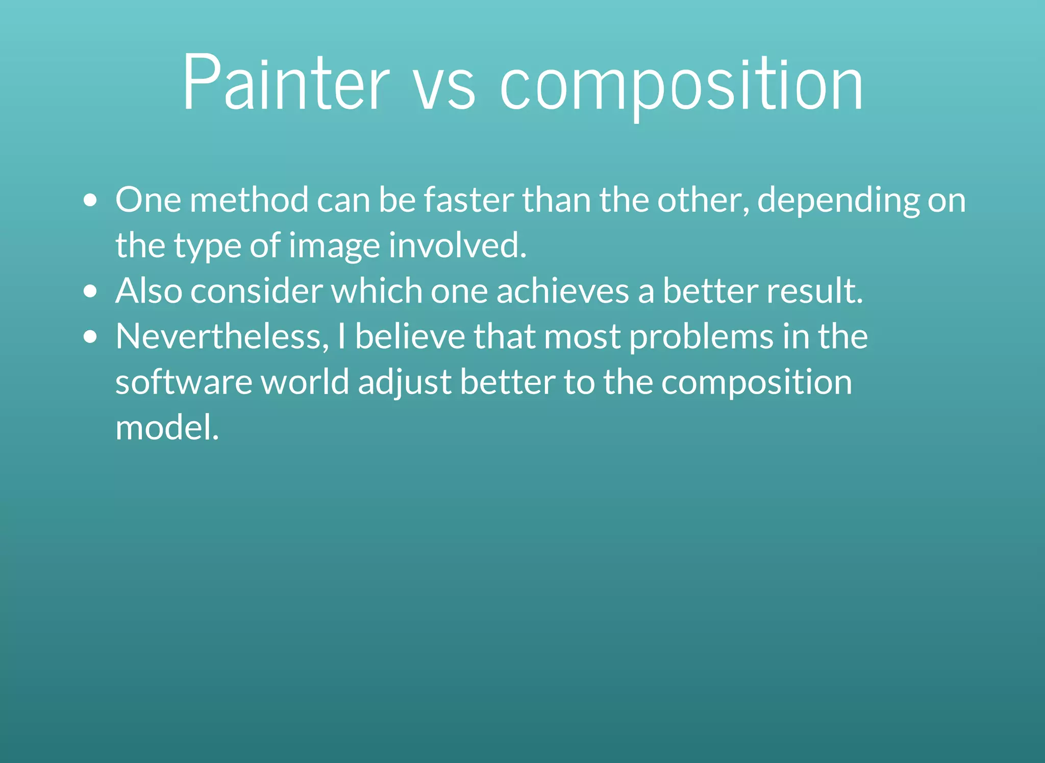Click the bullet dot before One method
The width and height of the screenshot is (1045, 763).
pyautogui.click(x=90, y=201)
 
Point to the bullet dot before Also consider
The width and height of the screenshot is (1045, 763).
pyautogui.click(x=90, y=291)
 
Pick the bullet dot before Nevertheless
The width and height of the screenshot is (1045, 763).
pyautogui.click(x=90, y=337)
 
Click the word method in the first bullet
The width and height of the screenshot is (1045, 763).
pyautogui.click(x=249, y=200)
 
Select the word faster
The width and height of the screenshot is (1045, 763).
pyautogui.click(x=468, y=200)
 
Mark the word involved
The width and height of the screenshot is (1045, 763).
pyautogui.click(x=457, y=245)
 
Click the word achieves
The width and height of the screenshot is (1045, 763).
pyautogui.click(x=562, y=290)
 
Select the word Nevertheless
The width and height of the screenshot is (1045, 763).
pyautogui.click(x=222, y=337)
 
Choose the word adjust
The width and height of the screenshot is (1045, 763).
pyautogui.click(x=405, y=383)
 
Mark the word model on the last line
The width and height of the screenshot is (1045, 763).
pyautogui.click(x=167, y=427)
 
